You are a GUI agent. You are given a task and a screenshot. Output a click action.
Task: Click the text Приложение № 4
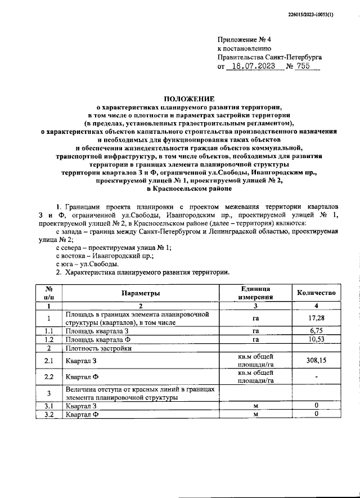coord(244,39)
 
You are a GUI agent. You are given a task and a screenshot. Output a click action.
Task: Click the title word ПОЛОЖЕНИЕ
coord(180,98)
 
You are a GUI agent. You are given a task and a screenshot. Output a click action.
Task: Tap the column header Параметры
coord(140,293)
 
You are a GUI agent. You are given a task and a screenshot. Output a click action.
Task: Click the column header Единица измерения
coord(255,293)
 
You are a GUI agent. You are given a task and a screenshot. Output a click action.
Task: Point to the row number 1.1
coord(49,331)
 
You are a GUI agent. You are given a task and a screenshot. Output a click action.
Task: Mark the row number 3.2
coord(49,415)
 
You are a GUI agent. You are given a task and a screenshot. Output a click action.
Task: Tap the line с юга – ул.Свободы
coord(87,263)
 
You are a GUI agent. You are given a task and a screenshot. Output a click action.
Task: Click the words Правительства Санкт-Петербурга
coord(269,57)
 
